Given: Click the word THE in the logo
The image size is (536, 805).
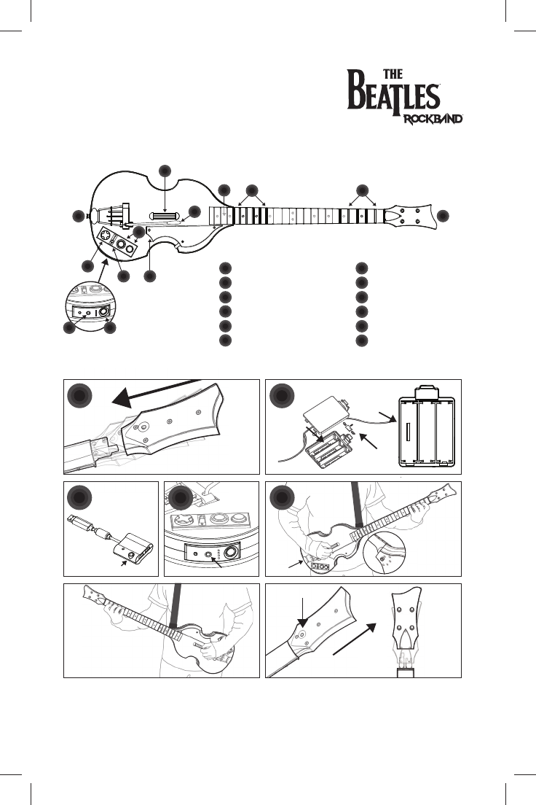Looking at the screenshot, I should tap(393, 74).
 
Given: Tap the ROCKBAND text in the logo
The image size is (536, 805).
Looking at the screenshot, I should tap(433, 118).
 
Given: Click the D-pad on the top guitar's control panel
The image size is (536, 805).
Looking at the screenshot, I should tap(106, 236).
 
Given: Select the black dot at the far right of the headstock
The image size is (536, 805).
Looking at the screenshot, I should tap(444, 216).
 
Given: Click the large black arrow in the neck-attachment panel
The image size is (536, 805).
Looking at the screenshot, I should tap(153, 390).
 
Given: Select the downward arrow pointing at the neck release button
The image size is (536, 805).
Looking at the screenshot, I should tap(302, 609).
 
